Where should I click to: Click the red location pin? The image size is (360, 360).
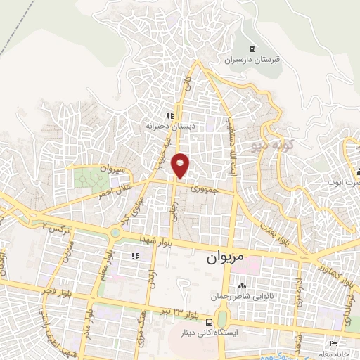click(181, 165)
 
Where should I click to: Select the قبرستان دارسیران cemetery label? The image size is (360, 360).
click(253, 60)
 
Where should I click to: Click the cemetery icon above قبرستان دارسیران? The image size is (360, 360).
click(252, 48)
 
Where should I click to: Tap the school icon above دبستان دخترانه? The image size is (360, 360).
click(169, 115)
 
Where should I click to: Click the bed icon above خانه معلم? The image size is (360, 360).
click(335, 344)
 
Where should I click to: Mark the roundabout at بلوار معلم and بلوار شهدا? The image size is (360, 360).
click(112, 231)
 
